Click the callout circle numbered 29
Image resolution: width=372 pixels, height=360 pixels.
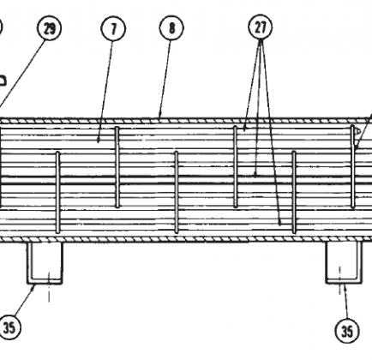coord(49,28)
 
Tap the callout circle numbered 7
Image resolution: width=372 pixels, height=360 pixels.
coord(113,28)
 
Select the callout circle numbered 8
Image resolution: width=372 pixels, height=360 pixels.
coord(171,27)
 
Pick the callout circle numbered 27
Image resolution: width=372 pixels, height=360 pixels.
coord(261,27)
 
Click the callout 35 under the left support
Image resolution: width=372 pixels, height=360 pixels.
coord(9,327)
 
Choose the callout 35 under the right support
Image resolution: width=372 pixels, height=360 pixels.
coord(347,331)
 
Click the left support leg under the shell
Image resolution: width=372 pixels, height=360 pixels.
coord(45,263)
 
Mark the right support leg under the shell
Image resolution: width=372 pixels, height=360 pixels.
coord(344,263)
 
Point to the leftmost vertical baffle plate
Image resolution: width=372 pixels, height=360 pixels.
coord(58,192)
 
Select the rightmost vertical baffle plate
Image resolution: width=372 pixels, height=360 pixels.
coord(353,166)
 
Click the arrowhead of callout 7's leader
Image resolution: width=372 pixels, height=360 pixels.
coord(99,140)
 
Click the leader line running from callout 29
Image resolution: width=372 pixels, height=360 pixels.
coord(21,74)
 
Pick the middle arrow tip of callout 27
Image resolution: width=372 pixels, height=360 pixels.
coord(255,173)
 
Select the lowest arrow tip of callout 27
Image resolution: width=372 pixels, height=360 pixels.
coord(280,223)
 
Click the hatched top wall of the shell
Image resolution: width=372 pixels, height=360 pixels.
coord(186,121)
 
